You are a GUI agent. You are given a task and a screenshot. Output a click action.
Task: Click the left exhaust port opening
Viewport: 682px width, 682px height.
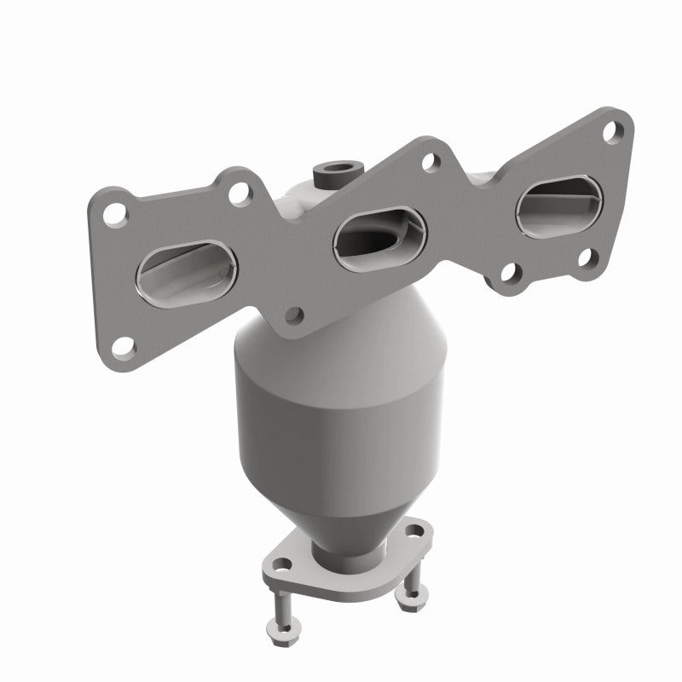tap(184, 273)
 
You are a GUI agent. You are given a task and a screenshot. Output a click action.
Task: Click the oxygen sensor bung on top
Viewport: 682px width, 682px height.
tap(328, 175)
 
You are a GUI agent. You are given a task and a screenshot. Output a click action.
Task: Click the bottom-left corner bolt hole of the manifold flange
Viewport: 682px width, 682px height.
tap(124, 345)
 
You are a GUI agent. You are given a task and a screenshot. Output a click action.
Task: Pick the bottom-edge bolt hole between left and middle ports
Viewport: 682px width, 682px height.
tap(294, 315)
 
